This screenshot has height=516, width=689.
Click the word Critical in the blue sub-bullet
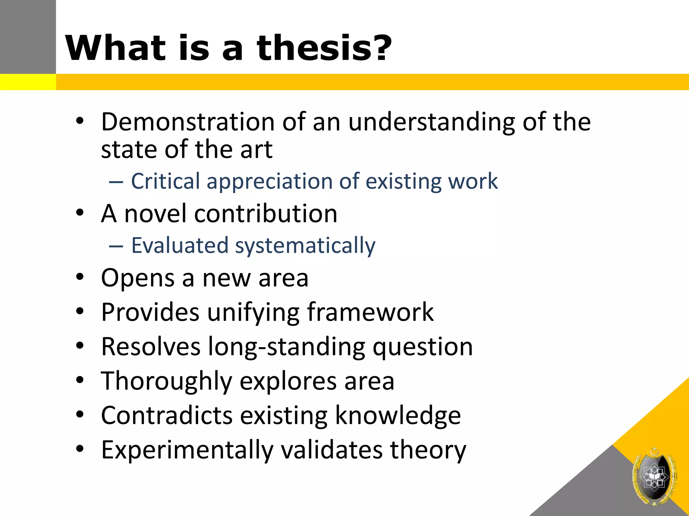click(165, 181)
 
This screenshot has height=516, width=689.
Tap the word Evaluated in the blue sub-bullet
click(180, 245)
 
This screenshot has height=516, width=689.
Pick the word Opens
click(138, 278)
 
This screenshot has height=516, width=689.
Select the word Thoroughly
click(167, 382)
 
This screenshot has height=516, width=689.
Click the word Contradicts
click(167, 416)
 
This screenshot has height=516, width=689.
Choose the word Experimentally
click(187, 450)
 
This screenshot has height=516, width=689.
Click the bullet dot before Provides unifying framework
click(79, 311)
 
